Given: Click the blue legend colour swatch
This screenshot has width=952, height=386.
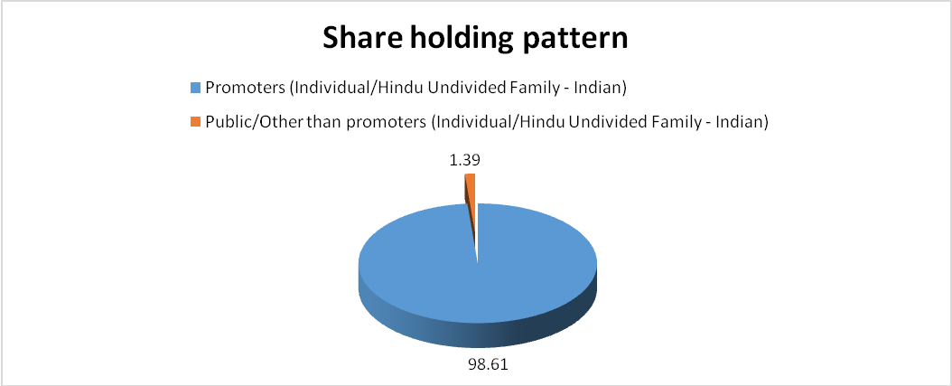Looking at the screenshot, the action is tap(195, 88).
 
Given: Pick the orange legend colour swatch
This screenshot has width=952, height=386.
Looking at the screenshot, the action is tap(195, 121).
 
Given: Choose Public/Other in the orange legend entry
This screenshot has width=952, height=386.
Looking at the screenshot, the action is tap(245, 121).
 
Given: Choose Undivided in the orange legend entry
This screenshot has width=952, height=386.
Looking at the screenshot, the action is tap(623, 121).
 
